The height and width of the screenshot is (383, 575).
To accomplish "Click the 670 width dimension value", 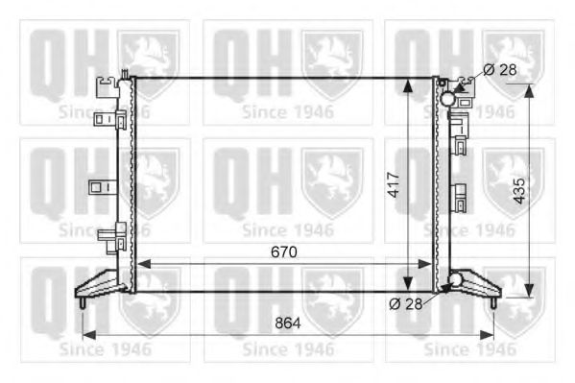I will tap(282, 251).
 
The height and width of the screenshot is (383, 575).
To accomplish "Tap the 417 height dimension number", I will tap(394, 184).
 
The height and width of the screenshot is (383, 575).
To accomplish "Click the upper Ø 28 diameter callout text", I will tap(501, 69).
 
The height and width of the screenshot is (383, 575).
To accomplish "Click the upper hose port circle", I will tap(448, 97).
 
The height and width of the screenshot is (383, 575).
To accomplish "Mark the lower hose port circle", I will tap(455, 280).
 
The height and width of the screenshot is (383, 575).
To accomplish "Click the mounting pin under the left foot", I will tap(83, 303).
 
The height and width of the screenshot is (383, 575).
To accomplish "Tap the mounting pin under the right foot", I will tap(493, 302).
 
